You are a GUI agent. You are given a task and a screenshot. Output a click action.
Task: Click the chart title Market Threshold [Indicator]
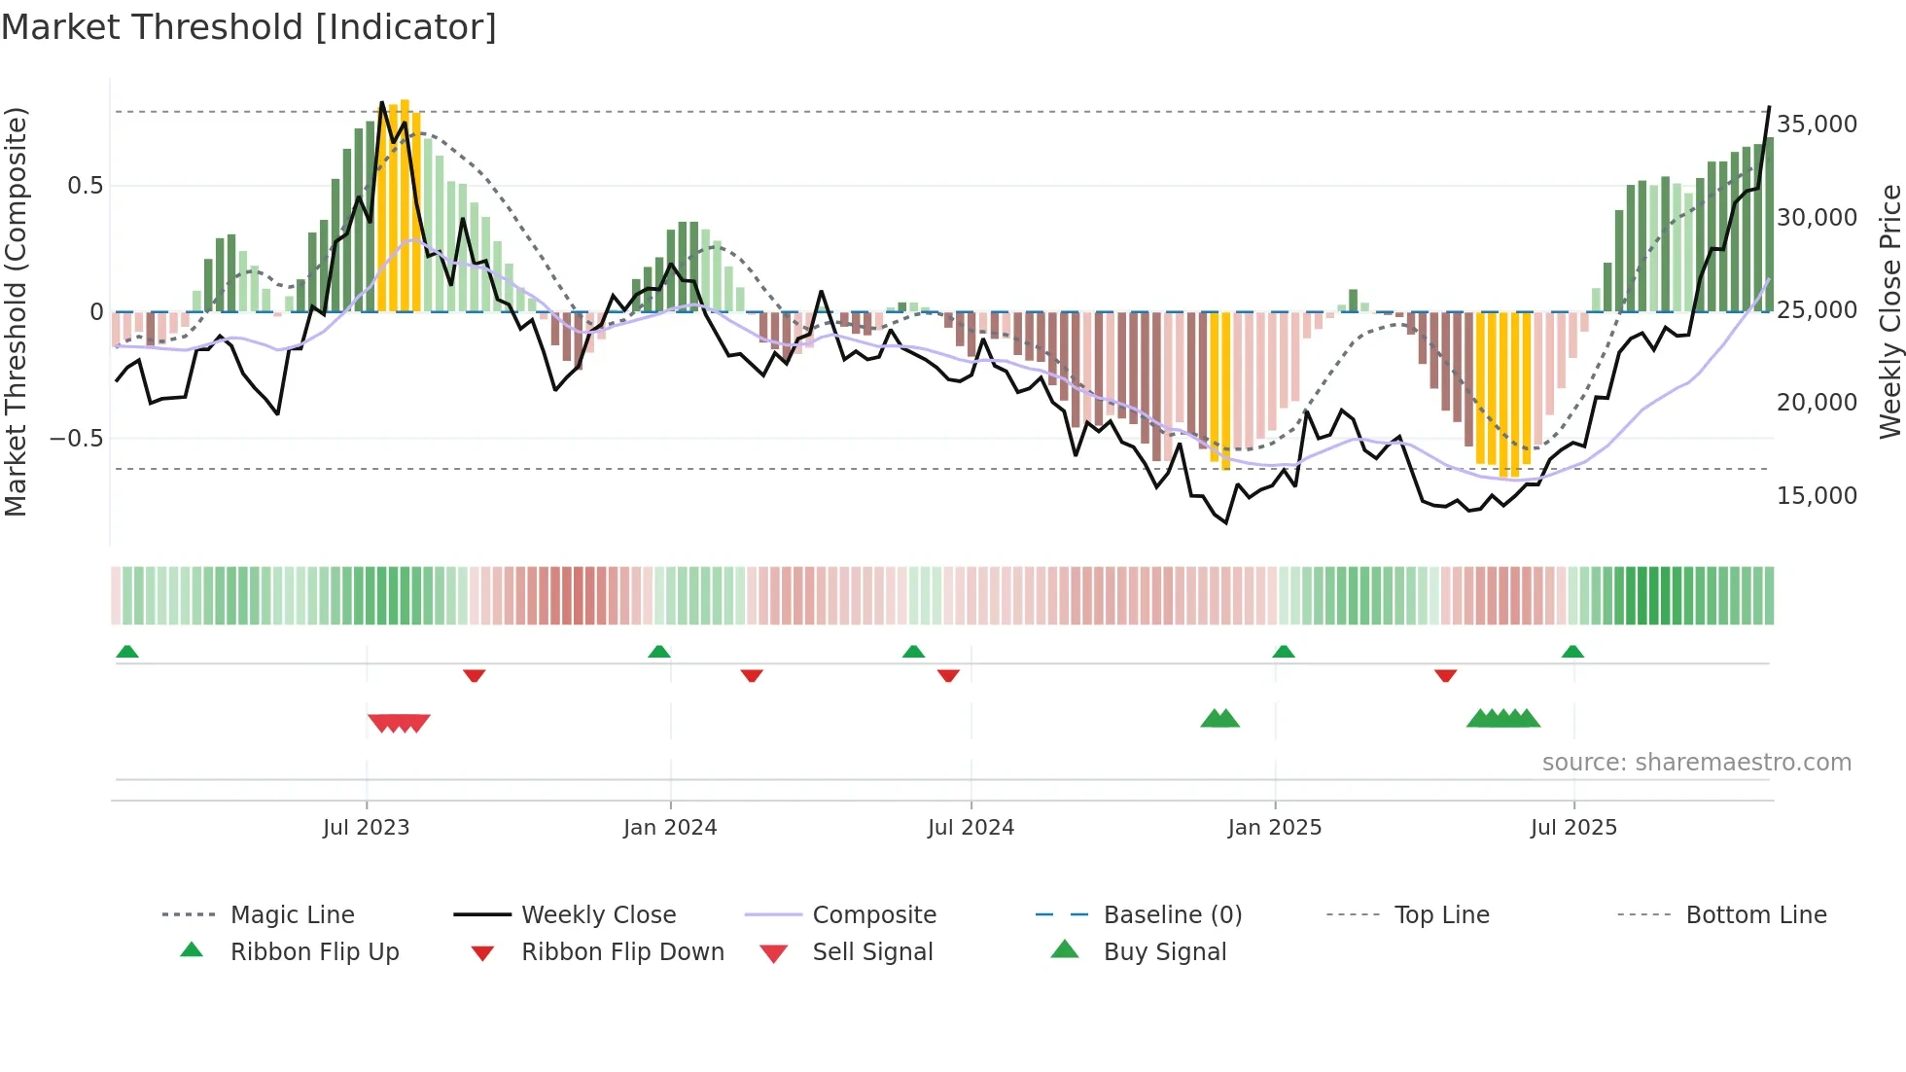coord(249,27)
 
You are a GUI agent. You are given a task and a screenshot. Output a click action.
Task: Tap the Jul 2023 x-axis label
coord(366,828)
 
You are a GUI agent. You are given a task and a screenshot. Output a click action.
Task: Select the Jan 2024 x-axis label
coord(670,828)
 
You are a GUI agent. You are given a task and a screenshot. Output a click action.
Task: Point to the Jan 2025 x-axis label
coord(1274,828)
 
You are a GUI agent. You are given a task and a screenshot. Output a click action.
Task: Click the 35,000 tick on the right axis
coord(1817,125)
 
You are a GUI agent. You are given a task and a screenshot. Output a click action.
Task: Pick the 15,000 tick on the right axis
coord(1817,496)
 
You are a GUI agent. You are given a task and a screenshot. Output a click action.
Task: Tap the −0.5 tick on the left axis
coord(76,439)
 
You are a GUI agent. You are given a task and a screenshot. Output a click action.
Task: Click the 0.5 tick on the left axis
coord(85,186)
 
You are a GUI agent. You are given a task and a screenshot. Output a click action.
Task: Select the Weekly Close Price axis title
coord(1889,311)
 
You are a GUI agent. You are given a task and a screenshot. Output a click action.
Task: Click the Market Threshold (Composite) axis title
coord(16,311)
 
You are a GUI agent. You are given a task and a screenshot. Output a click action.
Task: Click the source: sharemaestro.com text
coord(1696,763)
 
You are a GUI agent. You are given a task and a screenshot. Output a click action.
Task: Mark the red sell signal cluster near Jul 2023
coord(399,723)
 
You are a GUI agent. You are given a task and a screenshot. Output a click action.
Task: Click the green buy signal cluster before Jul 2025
coord(1503,719)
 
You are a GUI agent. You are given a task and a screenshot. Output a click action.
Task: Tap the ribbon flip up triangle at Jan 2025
coord(1284,651)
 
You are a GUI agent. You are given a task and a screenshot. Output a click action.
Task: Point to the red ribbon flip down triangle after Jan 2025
coord(1445,675)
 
